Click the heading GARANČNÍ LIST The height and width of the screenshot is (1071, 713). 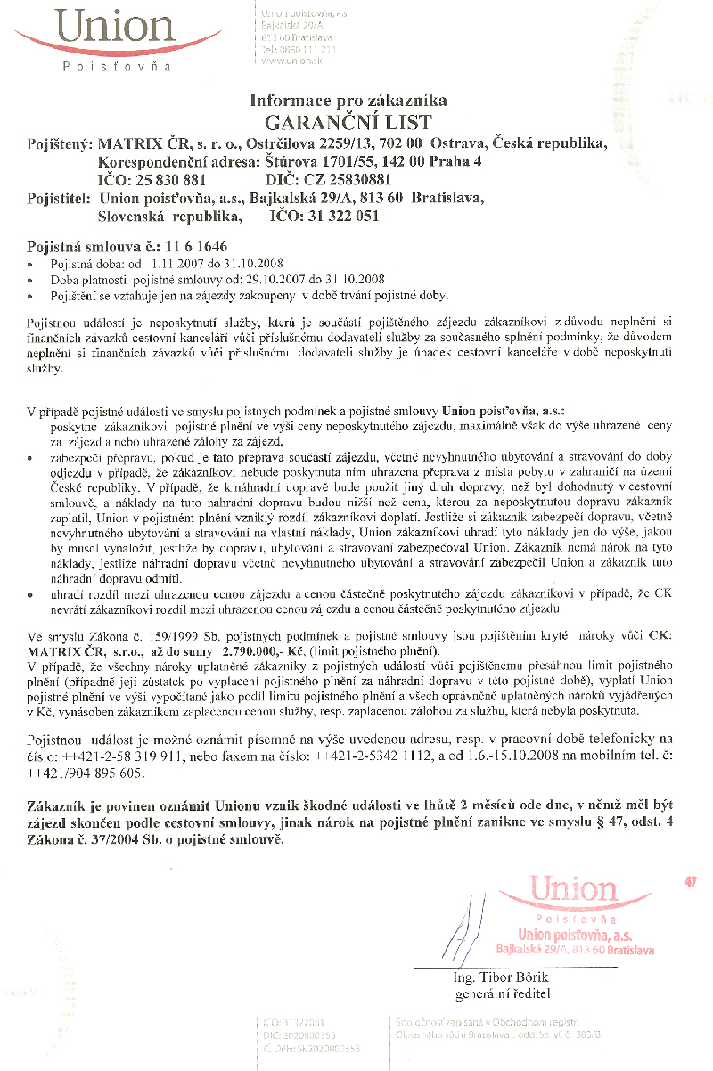[x=348, y=122]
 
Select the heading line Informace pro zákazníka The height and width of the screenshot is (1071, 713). [x=348, y=101]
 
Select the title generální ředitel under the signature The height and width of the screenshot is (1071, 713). [x=503, y=993]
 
